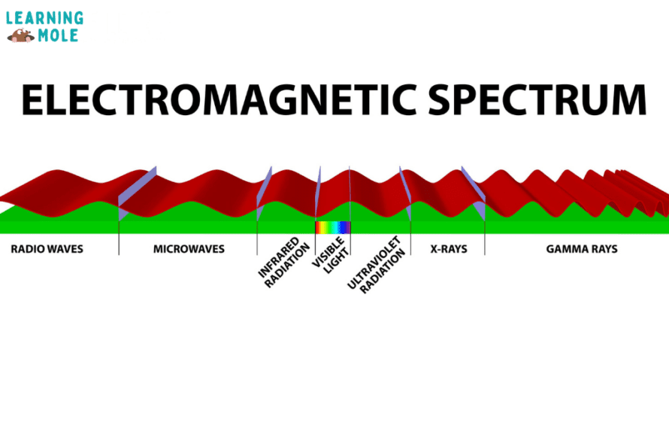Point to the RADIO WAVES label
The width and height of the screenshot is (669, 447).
(47, 248)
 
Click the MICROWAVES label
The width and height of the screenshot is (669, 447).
(189, 248)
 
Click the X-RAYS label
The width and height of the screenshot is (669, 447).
(449, 248)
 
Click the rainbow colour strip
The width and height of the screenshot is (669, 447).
(332, 227)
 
